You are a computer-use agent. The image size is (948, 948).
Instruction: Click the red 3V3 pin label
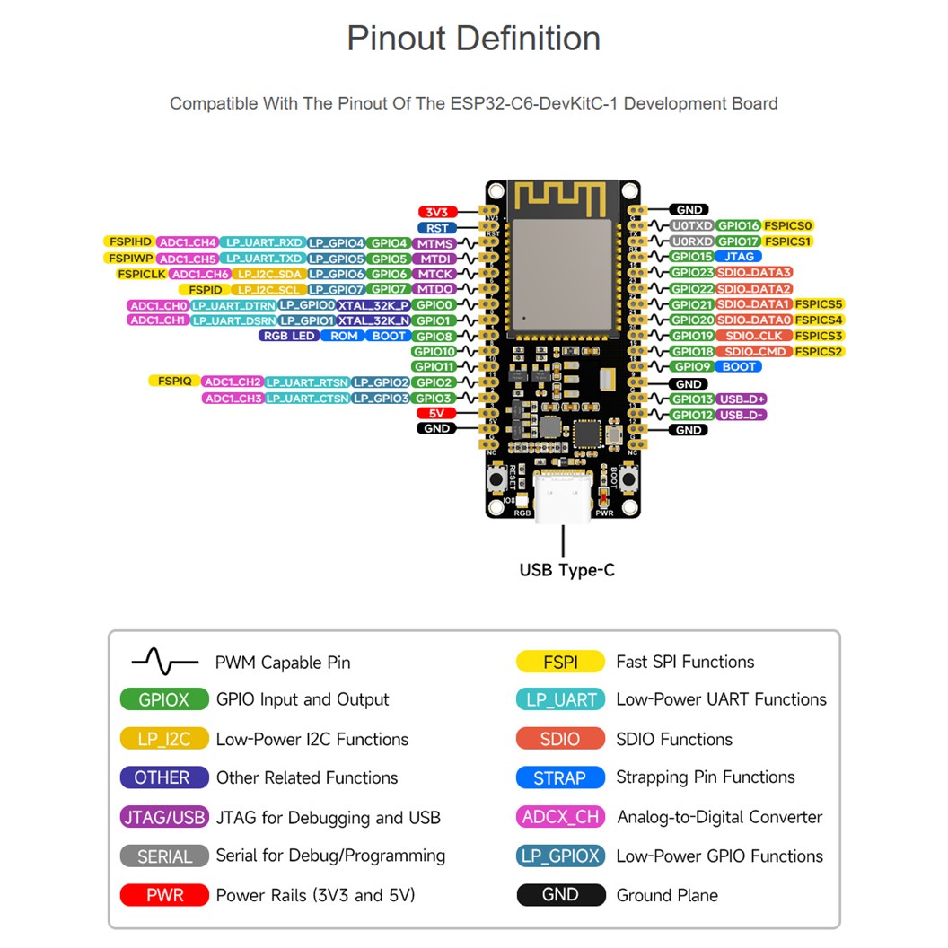pos(438,212)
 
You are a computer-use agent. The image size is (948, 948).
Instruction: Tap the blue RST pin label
pos(438,228)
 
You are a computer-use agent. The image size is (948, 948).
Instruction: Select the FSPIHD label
pos(129,242)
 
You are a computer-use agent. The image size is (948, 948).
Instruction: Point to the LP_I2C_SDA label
pos(268,274)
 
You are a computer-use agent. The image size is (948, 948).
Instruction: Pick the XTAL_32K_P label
pos(374,305)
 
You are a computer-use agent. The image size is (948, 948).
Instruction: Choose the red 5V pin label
pos(438,413)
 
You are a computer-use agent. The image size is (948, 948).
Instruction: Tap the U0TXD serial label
pos(691,226)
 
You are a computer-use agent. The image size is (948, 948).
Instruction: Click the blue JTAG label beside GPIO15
pos(739,257)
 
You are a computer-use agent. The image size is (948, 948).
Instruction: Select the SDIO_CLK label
pos(754,336)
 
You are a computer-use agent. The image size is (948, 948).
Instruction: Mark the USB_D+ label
pos(742,399)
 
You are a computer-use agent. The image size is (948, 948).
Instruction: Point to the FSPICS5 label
pos(819,304)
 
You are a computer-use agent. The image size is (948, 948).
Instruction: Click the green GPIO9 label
pos(692,366)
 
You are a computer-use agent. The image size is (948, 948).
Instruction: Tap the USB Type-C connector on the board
pos(563,496)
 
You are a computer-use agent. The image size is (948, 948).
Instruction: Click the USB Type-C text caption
pos(566,570)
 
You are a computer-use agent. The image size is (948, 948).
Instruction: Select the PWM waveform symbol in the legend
pos(165,663)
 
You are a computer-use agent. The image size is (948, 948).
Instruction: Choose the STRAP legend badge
pos(559,778)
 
